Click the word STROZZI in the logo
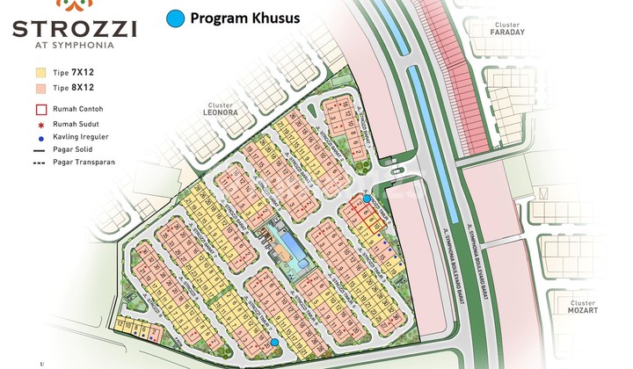(74, 28)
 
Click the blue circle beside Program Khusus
(177, 18)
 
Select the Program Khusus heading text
(245, 18)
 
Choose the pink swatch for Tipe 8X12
(40, 88)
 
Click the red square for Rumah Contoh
(40, 110)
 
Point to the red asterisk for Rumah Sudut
(40, 125)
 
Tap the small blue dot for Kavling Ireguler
(40, 138)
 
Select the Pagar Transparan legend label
(84, 163)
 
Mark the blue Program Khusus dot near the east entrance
(367, 199)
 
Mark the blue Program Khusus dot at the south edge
(274, 342)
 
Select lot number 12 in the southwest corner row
(120, 325)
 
